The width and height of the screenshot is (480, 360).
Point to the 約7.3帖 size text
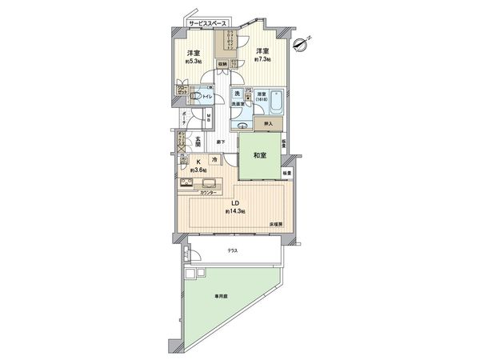[x=262, y=59]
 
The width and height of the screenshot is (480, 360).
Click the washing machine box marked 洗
[x=236, y=94]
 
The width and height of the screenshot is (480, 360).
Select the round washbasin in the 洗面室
[x=240, y=126]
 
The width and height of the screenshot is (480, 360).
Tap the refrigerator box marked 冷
[x=214, y=160]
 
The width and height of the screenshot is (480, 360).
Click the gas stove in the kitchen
[x=186, y=186]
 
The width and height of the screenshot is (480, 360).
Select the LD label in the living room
[x=236, y=202]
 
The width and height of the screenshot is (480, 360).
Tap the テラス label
[x=232, y=251]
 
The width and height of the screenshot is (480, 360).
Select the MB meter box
[x=208, y=119]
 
